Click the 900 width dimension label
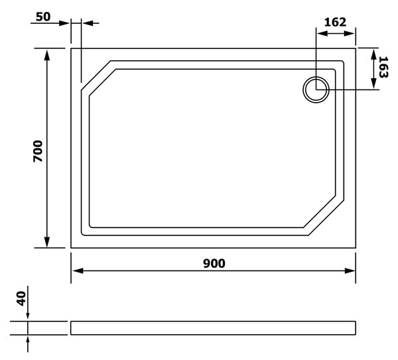click(x=214, y=264)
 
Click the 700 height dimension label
click(x=38, y=151)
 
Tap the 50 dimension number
click(x=43, y=17)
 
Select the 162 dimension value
click(x=335, y=23)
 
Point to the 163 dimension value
click(x=383, y=67)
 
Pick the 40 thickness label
click(x=21, y=298)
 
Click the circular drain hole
click(x=316, y=90)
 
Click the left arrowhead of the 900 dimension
click(x=78, y=270)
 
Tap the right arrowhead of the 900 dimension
click(x=350, y=270)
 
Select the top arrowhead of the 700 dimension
click(x=47, y=54)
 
